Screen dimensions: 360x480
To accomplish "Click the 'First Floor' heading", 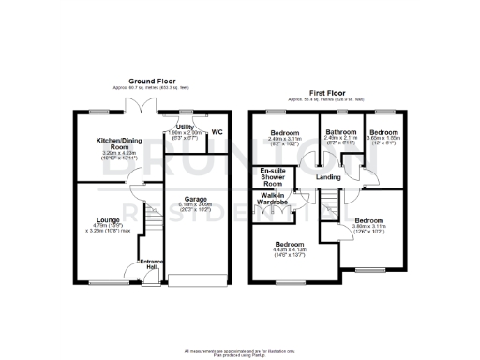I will [x=329, y=91].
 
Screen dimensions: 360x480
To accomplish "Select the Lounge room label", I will [x=104, y=221].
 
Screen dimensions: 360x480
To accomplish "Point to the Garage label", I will [x=195, y=199].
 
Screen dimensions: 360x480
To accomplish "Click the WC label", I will [x=217, y=132].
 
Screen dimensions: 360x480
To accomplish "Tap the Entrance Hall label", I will [x=150, y=265].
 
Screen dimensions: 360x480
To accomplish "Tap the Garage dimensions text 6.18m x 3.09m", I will [x=195, y=205].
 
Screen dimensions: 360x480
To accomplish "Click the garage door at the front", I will [x=195, y=282].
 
